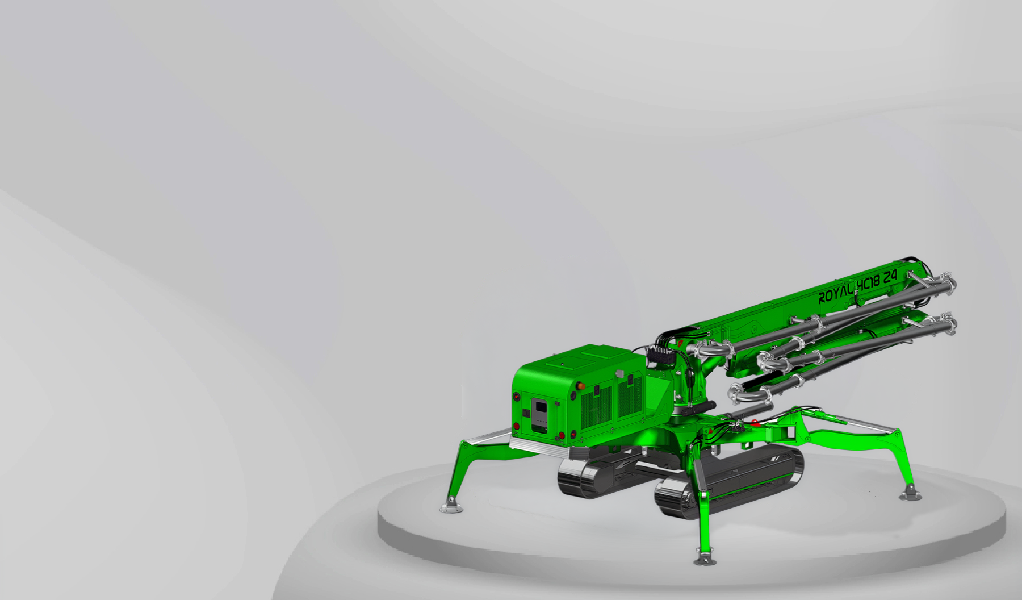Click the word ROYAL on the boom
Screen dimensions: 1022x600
pyautogui.click(x=835, y=295)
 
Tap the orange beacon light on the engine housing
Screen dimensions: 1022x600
pyautogui.click(x=580, y=385)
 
